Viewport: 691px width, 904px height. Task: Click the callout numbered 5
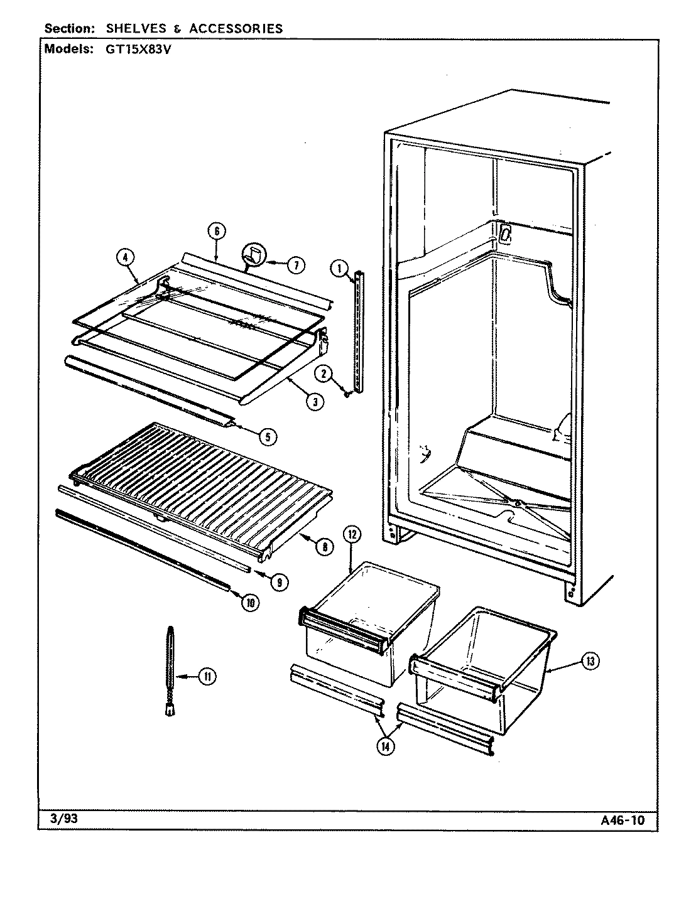click(268, 438)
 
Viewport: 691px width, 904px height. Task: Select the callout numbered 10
click(249, 603)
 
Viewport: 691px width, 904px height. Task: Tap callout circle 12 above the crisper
click(352, 535)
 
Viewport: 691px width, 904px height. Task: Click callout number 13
click(591, 660)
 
